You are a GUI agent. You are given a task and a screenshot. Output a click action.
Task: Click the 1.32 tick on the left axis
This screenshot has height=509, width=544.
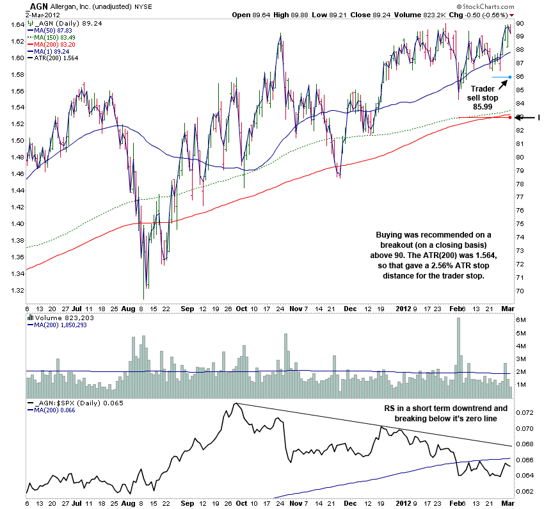[x=13, y=290]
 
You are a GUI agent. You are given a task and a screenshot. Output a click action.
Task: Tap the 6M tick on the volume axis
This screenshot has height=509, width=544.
[x=521, y=319]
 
